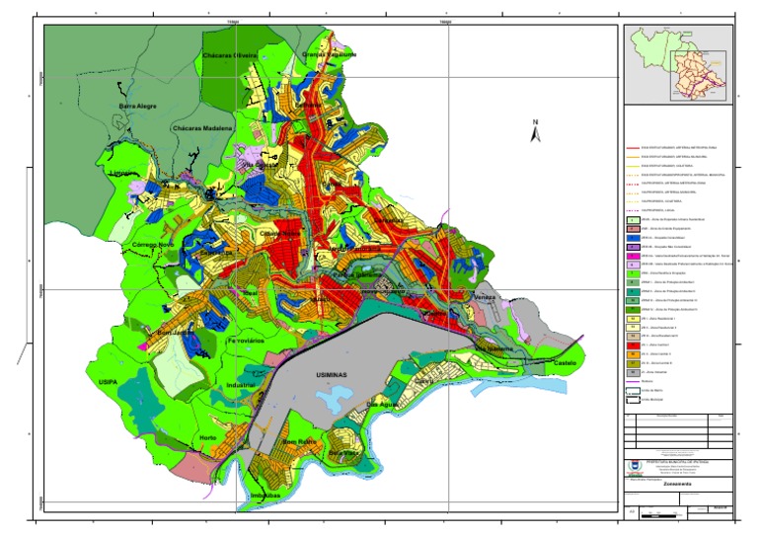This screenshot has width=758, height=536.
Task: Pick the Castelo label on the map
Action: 566,363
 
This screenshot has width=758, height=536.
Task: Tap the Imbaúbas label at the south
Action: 268,495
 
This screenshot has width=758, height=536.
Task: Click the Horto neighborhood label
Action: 208,437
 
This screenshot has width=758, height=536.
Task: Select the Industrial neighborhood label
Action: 240,384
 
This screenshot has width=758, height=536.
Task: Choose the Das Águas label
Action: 385,405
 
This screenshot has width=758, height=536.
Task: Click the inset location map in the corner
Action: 682,65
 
